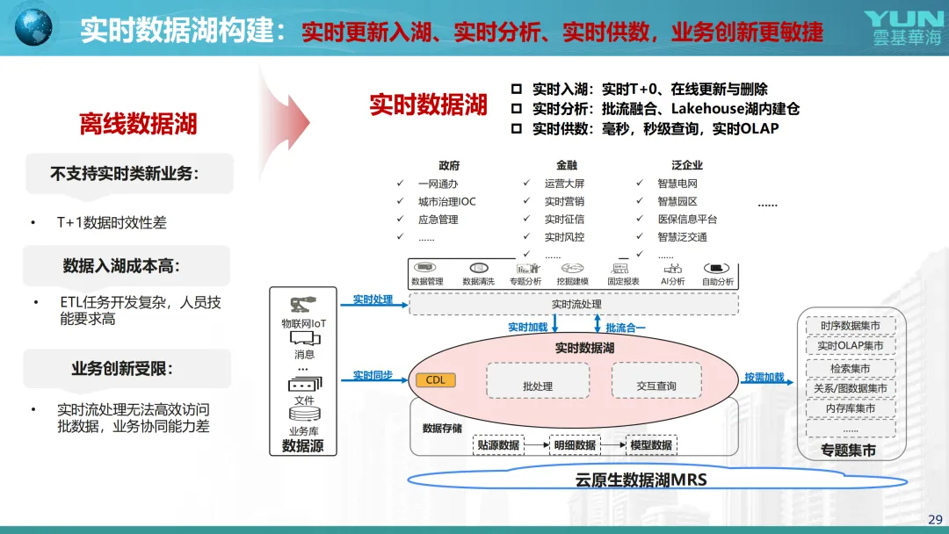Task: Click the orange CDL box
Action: coord(435,380)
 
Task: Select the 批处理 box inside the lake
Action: coord(537,386)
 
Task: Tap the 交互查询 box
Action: coord(656,386)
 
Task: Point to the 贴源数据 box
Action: coord(498,445)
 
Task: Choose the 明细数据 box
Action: coord(575,445)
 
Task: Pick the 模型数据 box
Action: coord(651,445)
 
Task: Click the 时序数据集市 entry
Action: coord(850,326)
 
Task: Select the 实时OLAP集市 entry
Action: coord(850,346)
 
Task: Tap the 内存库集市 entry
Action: coord(850,408)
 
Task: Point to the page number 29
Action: coord(935,518)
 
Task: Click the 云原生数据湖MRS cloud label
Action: coord(641,480)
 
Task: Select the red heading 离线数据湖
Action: coord(138,124)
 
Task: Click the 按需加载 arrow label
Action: coord(764,377)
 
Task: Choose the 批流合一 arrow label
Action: coord(626,328)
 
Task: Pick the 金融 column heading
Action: coord(567,165)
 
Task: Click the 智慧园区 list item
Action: coord(677,201)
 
